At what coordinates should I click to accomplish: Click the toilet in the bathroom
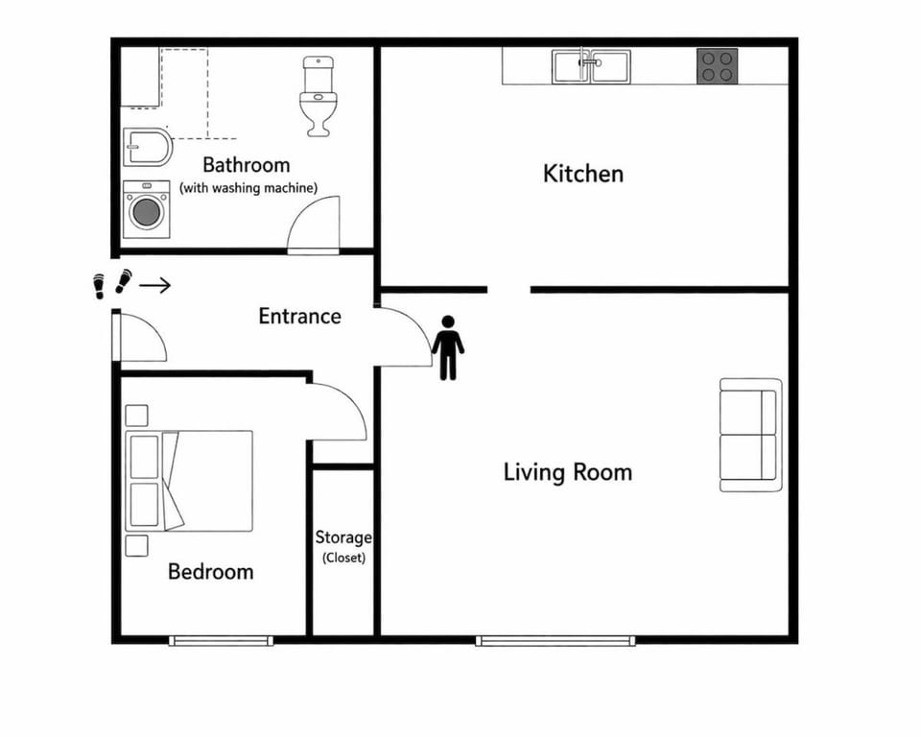pos(318,96)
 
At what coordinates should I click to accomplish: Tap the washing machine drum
pos(146,212)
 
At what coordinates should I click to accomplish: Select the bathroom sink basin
pos(147,148)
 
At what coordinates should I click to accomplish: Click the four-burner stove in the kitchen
pos(717,66)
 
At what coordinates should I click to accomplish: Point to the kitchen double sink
pos(591,66)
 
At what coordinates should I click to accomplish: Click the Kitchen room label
pos(582,174)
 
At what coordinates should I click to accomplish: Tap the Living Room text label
pos(567,472)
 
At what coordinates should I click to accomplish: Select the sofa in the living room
pos(749,435)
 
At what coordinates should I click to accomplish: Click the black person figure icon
pos(447,347)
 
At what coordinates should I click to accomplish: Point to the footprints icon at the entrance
pos(110,284)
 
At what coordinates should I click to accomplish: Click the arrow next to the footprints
pos(155,285)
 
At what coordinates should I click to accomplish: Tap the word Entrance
pos(299,316)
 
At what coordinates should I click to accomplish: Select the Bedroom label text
pos(210,572)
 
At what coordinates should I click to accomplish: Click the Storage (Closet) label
pos(342,547)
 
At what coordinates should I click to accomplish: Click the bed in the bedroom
pos(190,480)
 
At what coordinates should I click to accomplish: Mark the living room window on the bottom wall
pos(555,640)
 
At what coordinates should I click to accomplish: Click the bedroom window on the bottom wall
pos(219,640)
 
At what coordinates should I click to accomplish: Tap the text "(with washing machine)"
pos(248,188)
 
